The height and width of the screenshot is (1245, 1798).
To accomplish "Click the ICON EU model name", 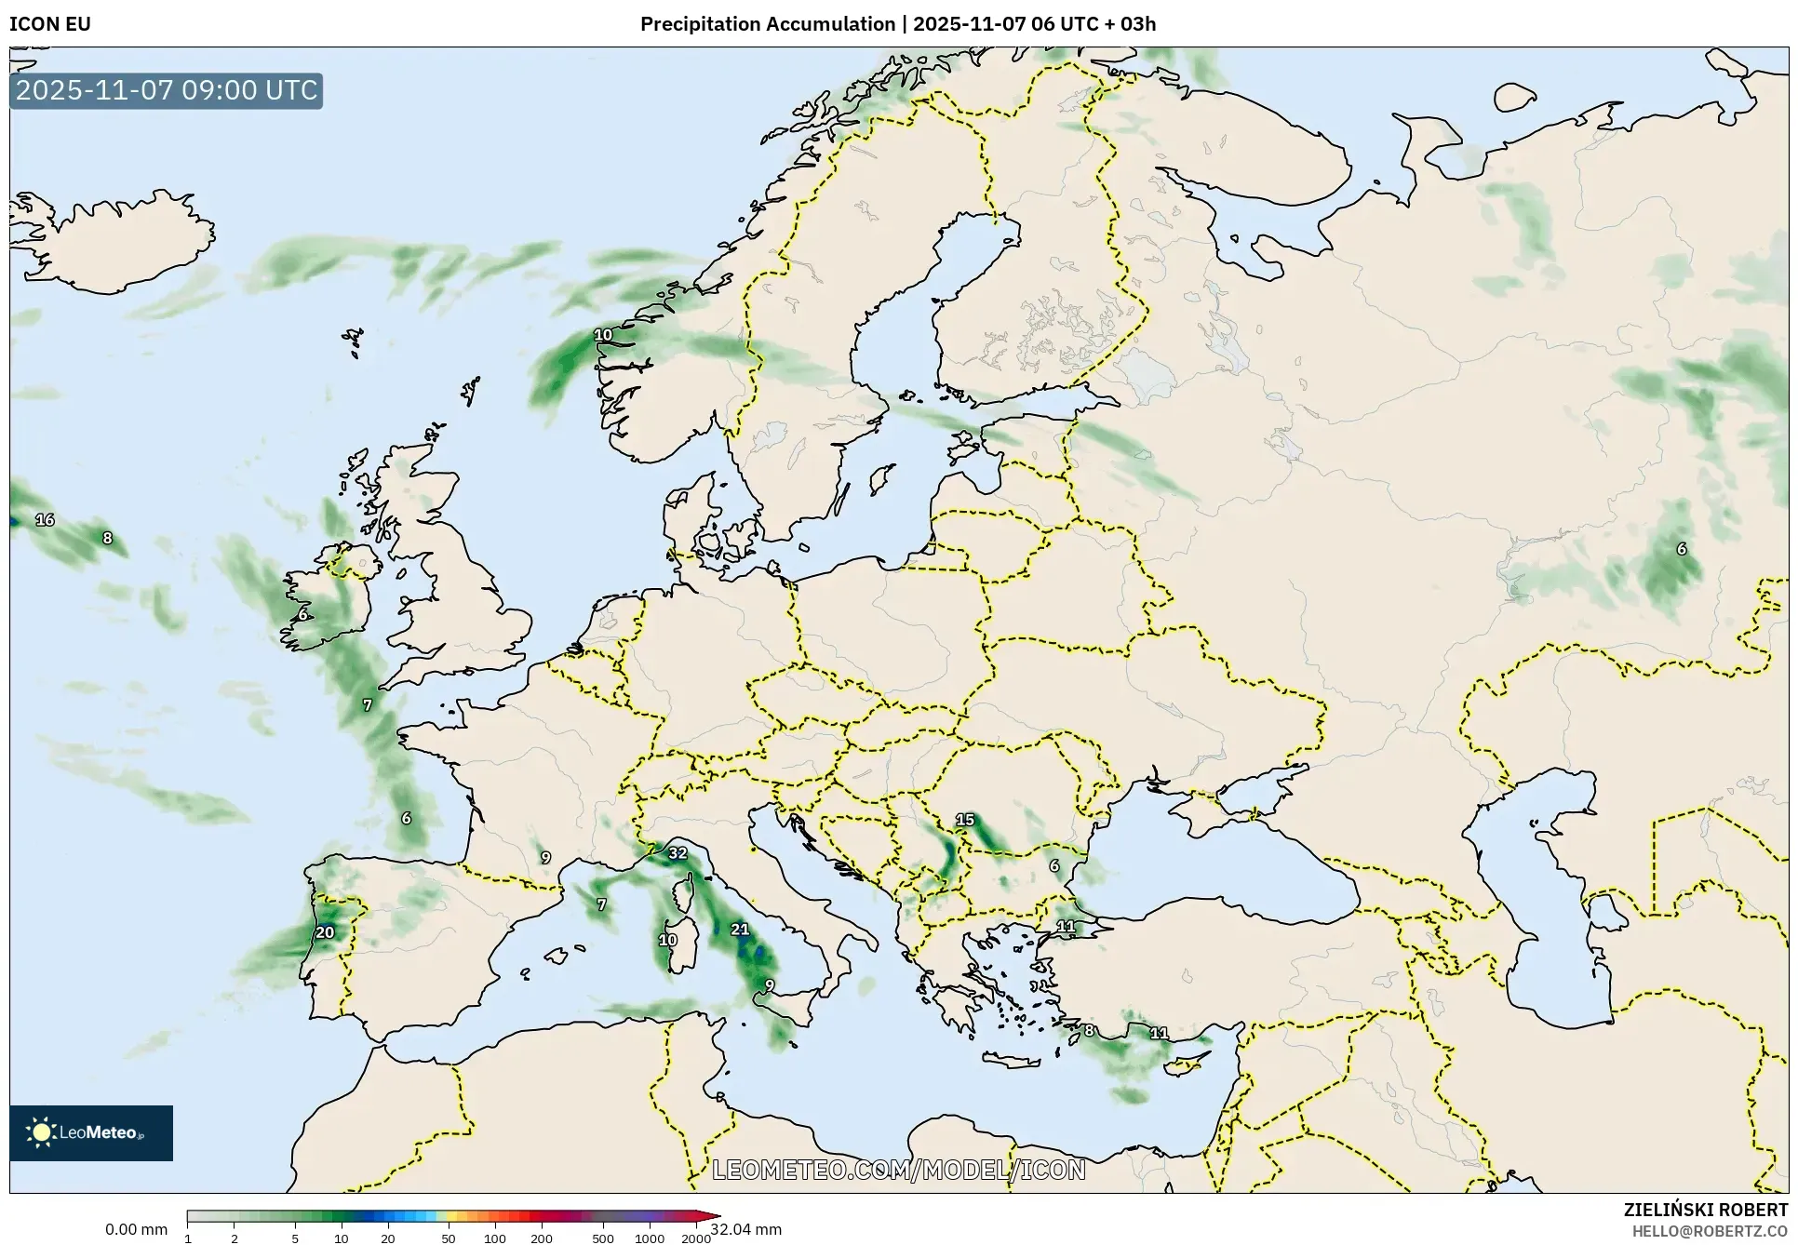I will tap(50, 24).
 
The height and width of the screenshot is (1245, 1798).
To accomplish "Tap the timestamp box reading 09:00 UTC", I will tap(167, 90).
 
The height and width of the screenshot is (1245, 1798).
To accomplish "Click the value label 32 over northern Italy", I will tap(678, 853).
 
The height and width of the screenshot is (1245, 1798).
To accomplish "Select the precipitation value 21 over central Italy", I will tap(740, 929).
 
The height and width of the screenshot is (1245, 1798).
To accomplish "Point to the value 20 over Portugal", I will tap(325, 932).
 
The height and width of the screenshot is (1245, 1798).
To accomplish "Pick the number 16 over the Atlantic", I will tap(45, 520).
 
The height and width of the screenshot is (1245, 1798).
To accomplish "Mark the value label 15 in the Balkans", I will tap(965, 820).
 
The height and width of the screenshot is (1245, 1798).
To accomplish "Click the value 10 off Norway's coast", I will tap(603, 335).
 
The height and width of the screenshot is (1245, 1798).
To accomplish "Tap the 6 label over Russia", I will tap(1681, 549).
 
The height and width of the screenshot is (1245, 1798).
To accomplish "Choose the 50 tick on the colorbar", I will tap(449, 1238).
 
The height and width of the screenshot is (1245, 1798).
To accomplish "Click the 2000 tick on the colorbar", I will tap(696, 1238).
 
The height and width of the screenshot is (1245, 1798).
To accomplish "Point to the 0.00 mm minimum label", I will tap(136, 1229).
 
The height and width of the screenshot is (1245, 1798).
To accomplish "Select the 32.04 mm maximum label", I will tap(746, 1229).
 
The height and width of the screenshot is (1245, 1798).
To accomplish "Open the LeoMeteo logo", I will tap(91, 1132).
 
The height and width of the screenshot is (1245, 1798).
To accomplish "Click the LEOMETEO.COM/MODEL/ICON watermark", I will tap(899, 1170).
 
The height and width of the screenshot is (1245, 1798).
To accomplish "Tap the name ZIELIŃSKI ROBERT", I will tap(1706, 1210).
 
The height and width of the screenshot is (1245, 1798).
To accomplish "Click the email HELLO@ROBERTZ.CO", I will tap(1710, 1230).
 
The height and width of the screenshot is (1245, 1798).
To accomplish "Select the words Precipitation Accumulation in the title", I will tap(767, 24).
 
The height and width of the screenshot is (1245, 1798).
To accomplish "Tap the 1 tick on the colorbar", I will tap(188, 1238).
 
